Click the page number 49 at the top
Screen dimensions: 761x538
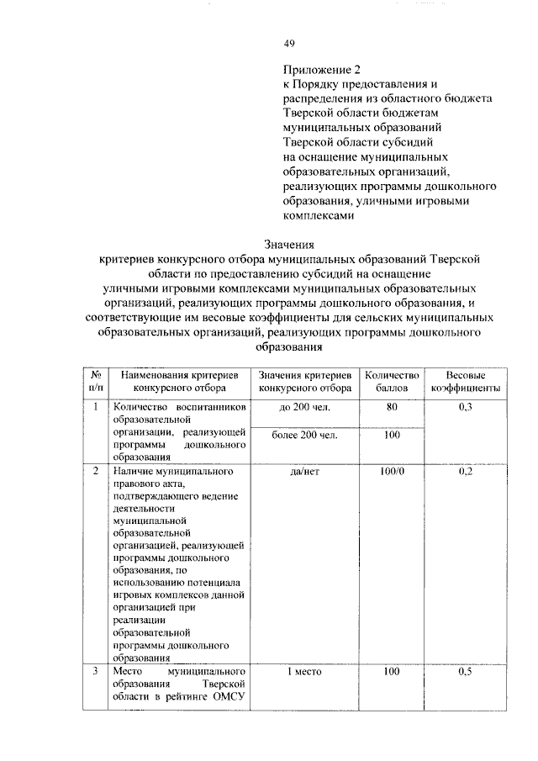click(289, 43)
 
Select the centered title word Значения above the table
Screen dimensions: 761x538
click(288, 244)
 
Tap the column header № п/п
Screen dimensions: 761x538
click(97, 381)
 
